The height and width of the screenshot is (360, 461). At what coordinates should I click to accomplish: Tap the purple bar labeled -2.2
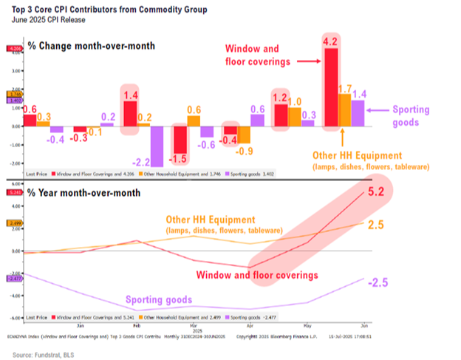(x=156, y=146)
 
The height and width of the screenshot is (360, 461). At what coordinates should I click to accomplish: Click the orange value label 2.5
(x=375, y=224)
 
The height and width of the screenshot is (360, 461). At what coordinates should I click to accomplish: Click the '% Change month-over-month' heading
(x=92, y=46)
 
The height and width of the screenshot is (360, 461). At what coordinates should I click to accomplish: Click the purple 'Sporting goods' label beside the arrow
(x=411, y=115)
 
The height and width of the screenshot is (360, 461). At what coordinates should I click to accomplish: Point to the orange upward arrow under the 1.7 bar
(x=344, y=138)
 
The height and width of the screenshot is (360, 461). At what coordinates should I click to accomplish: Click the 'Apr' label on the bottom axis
(x=250, y=325)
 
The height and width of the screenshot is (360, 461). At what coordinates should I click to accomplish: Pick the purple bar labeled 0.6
(x=258, y=119)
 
